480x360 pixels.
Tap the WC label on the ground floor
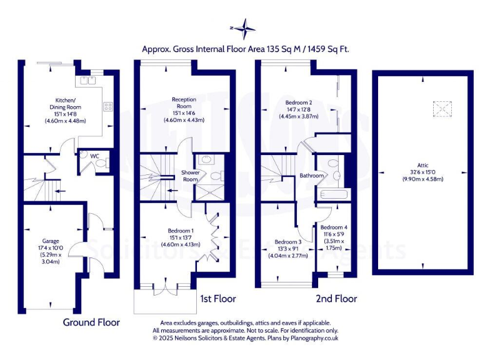point(94,156)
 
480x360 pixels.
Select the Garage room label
point(51,240)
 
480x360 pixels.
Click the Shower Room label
point(190,176)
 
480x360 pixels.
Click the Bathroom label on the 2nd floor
point(311,176)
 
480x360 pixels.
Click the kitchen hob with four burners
point(107,106)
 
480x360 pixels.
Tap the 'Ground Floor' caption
point(91,322)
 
